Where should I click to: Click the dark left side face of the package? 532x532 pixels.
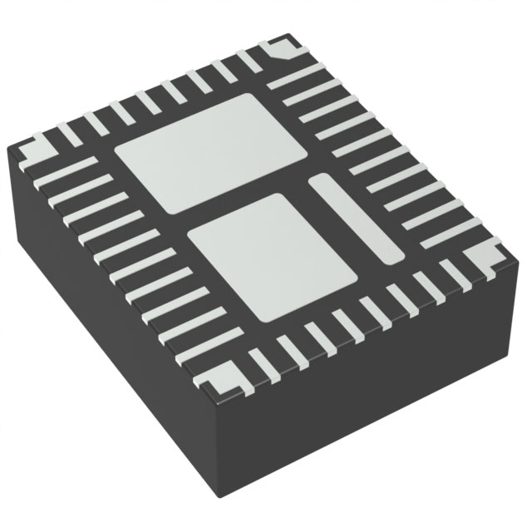[x=108, y=332]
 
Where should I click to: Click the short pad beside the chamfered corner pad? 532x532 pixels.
[x=249, y=59]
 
